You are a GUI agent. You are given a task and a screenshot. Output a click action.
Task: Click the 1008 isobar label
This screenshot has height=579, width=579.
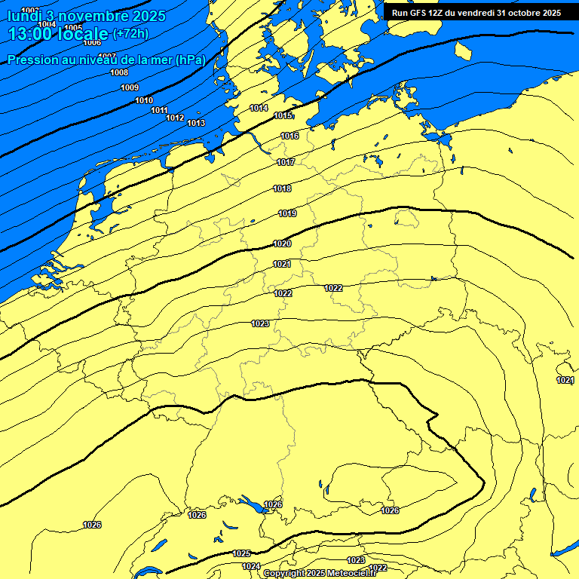coord(119,72)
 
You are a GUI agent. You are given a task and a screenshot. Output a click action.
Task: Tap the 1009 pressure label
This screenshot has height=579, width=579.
coord(130,87)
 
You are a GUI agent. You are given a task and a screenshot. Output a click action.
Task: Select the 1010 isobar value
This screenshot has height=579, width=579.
coord(144,100)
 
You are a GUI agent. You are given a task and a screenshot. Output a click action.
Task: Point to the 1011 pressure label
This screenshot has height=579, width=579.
coord(159,110)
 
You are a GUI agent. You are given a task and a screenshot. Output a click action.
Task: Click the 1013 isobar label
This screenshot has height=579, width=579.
coord(196,123)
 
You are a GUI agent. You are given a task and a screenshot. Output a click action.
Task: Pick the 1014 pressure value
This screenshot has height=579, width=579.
coord(259,108)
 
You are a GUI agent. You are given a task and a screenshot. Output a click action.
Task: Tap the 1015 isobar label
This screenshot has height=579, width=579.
coord(283,115)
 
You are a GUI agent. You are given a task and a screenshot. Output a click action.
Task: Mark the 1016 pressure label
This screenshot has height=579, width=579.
coord(289,136)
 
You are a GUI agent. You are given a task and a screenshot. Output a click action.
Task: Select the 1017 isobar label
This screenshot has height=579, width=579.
coord(286,162)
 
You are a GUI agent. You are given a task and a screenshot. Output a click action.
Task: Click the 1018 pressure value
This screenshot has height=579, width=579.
coord(282,188)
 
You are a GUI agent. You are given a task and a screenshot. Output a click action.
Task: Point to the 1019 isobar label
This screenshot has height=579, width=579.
coord(287,213)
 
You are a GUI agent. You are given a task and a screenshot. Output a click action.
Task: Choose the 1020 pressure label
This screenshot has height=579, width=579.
coord(282,244)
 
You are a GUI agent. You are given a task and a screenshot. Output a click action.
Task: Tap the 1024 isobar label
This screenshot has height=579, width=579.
coord(251,566)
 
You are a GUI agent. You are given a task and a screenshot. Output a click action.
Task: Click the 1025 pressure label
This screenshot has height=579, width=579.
coord(241,553)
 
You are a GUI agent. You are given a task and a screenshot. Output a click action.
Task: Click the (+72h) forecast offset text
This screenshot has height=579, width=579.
coord(130,34)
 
